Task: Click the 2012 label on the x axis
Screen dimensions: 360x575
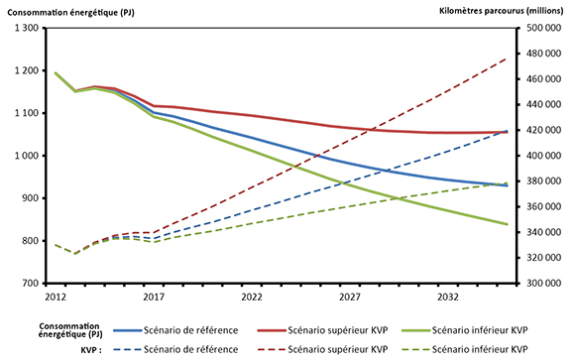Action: click(x=55, y=297)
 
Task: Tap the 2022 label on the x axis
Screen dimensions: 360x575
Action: click(x=252, y=297)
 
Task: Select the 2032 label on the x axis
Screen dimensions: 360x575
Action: click(x=448, y=297)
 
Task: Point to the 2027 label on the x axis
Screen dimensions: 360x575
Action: click(x=350, y=297)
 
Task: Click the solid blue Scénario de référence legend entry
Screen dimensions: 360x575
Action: click(x=166, y=329)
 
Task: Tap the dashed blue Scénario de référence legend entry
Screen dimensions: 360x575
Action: click(x=166, y=349)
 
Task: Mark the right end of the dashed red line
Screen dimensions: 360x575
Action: click(x=508, y=59)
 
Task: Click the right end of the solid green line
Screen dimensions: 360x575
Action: click(x=508, y=224)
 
